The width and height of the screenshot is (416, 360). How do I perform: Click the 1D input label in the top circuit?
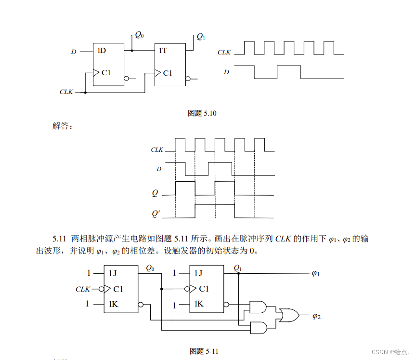pyautogui.click(x=102, y=50)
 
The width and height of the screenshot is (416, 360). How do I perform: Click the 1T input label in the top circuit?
pyautogui.click(x=163, y=50)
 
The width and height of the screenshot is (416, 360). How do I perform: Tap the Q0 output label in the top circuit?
pyautogui.click(x=139, y=35)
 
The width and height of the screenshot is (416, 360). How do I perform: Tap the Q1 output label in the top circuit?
pyautogui.click(x=201, y=37)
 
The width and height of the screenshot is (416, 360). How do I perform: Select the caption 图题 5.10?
pyautogui.click(x=202, y=113)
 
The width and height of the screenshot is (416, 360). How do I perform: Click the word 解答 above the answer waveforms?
pyautogui.click(x=62, y=126)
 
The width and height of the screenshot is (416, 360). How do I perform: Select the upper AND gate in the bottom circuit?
pyautogui.click(x=258, y=307)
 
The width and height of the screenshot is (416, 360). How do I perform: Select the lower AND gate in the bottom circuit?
pyautogui.click(x=258, y=328)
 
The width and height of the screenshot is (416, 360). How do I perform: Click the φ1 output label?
pyautogui.click(x=316, y=273)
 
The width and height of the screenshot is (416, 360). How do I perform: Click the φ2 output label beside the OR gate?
pyautogui.click(x=316, y=316)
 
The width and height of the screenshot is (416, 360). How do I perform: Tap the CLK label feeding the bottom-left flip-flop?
pyautogui.click(x=83, y=289)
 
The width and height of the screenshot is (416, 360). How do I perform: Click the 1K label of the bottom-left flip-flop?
pyautogui.click(x=113, y=304)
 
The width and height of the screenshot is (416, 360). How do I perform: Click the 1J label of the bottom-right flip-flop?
pyautogui.click(x=198, y=273)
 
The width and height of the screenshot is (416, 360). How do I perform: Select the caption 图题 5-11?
pyautogui.click(x=205, y=351)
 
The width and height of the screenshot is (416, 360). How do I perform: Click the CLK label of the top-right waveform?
pyautogui.click(x=224, y=52)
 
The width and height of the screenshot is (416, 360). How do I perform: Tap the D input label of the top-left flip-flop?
pyautogui.click(x=74, y=52)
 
